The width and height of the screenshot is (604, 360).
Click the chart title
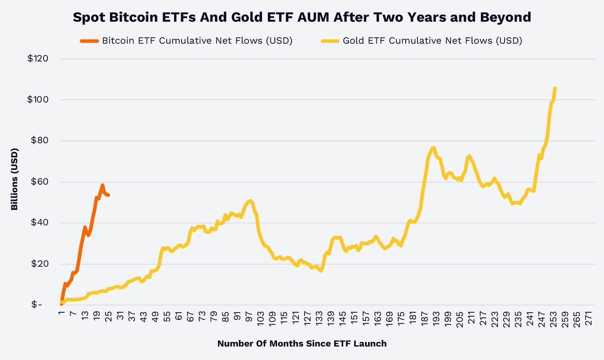[302, 17]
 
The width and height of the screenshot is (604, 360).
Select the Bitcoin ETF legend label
[197, 41]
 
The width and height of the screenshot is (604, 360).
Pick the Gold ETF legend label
[432, 41]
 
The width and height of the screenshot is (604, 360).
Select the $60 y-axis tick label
[40, 182]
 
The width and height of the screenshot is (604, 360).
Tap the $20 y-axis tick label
[40, 264]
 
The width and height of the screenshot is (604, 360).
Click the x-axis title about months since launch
[302, 344]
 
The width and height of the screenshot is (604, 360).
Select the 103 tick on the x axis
[260, 318]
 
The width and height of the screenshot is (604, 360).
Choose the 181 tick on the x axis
[413, 318]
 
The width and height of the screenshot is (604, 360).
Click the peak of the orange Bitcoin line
[102, 185]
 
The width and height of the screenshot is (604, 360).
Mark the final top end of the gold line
[555, 88]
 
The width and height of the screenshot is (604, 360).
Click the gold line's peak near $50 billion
[250, 201]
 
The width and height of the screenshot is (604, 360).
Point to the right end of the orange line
[109, 195]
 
